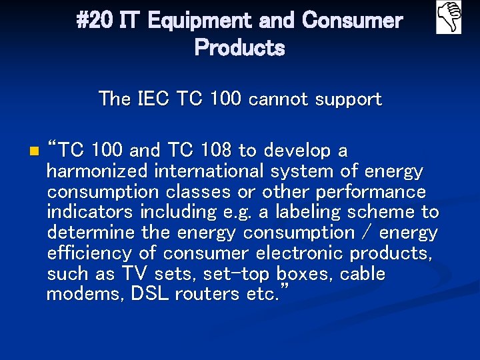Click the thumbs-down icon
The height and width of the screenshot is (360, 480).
(x=449, y=17)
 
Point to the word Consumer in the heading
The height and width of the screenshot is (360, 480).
(x=353, y=21)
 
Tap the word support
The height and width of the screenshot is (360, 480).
(x=349, y=100)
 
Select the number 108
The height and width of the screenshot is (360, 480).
(x=229, y=150)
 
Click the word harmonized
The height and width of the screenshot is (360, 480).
(x=97, y=171)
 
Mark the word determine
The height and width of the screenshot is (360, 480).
(x=89, y=233)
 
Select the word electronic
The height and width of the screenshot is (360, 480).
(x=296, y=253)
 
